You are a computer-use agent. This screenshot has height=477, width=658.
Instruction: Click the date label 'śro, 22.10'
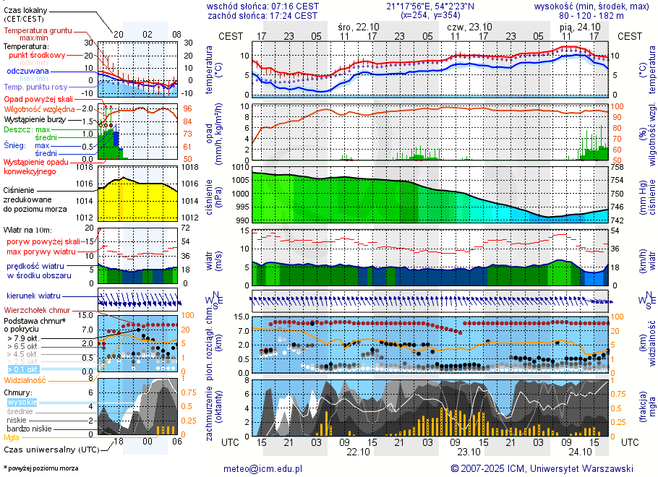pos(359,26)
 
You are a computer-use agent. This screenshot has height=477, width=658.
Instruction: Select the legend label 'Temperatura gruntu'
pos(39,31)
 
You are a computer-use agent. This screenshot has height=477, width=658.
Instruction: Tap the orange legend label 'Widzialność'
pos(25,379)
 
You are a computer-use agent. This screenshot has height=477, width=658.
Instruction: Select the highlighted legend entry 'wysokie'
pos(22,402)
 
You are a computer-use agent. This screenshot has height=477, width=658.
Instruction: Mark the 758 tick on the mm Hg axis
pos(618,167)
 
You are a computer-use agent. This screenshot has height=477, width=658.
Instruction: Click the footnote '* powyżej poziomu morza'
pos(40,468)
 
